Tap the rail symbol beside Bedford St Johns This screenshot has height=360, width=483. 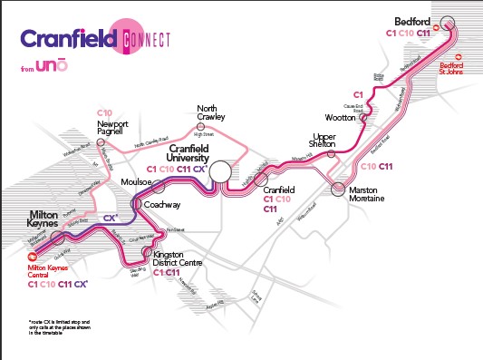click(459, 55)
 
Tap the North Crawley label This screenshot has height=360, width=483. click(212, 112)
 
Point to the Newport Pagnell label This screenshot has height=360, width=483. click(115, 128)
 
